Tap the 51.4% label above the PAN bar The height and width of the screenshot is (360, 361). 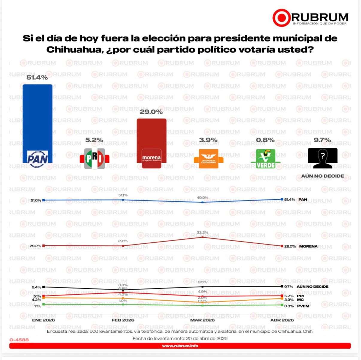click(x=37, y=78)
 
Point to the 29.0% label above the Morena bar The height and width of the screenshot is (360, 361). click(x=151, y=112)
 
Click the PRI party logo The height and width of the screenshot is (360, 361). click(x=94, y=158)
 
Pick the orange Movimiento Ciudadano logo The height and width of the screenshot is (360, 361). click(x=208, y=158)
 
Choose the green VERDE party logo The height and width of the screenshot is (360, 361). click(x=265, y=159)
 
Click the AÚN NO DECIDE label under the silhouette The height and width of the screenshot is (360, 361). click(x=322, y=176)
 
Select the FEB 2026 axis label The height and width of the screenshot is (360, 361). click(x=123, y=320)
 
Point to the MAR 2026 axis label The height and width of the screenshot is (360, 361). click(x=202, y=320)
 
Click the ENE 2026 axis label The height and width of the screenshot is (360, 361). click(x=43, y=320)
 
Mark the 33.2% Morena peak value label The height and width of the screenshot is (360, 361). click(x=203, y=232)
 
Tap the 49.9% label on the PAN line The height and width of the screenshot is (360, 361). click(x=203, y=198)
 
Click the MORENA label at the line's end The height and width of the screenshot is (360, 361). click(x=308, y=246)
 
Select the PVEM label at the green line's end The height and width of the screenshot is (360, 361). click(x=303, y=306)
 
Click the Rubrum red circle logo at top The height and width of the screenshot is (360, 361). click(x=281, y=18)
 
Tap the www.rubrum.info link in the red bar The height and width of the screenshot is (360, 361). click(x=180, y=346)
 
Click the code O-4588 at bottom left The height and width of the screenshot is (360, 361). click(x=19, y=340)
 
